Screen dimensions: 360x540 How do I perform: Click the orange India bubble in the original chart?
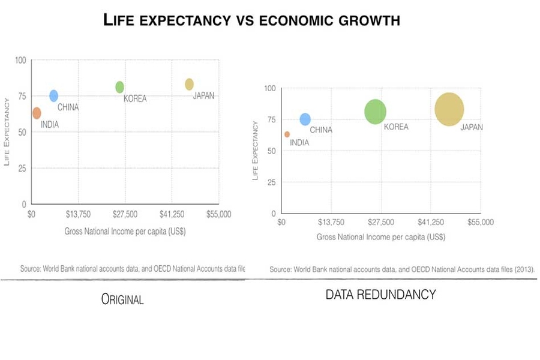click(x=37, y=113)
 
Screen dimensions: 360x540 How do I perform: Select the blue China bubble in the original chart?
click(x=53, y=95)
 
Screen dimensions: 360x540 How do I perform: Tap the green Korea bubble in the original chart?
click(x=120, y=87)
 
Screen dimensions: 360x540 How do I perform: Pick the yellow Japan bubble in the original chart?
click(x=189, y=84)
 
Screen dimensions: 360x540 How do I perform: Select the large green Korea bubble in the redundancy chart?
click(x=375, y=112)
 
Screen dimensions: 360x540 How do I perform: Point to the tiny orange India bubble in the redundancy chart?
click(x=287, y=134)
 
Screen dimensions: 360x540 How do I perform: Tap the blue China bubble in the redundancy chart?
click(x=305, y=119)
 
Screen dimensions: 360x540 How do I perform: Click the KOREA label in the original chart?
click(x=135, y=99)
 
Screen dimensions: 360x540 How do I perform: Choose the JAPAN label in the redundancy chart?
click(x=471, y=127)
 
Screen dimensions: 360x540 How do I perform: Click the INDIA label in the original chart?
click(x=50, y=125)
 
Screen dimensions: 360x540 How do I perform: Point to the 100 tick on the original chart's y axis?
click(x=20, y=60)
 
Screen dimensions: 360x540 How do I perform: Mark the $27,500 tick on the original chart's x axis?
click(x=125, y=214)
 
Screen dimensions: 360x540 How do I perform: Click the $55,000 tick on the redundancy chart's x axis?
click(x=480, y=223)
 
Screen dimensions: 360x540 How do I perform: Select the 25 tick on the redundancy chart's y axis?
click(x=271, y=182)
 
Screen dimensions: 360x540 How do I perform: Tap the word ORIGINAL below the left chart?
click(x=122, y=299)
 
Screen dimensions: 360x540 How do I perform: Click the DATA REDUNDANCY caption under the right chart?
click(x=380, y=295)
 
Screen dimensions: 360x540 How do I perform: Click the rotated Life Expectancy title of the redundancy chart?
click(x=256, y=150)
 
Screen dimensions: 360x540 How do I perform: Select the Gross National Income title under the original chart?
click(x=125, y=232)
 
